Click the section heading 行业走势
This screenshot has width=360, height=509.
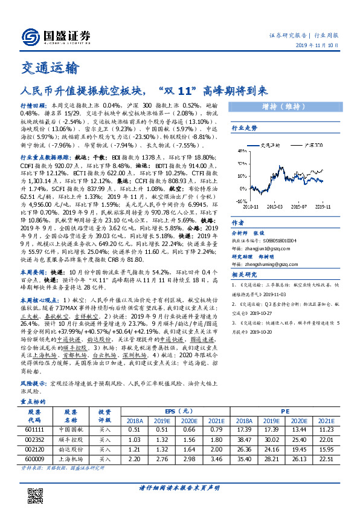(x=245, y=128)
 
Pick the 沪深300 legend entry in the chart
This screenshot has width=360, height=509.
(x=314, y=146)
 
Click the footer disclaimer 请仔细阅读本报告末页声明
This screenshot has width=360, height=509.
(x=179, y=487)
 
